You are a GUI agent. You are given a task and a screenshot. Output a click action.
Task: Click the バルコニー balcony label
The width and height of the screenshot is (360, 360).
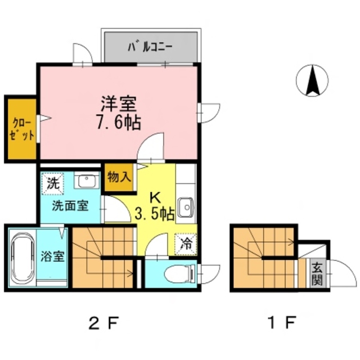149,47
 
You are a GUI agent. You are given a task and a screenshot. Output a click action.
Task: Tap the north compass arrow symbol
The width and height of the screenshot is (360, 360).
313,80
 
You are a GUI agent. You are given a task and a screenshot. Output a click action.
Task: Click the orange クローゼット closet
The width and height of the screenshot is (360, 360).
21,129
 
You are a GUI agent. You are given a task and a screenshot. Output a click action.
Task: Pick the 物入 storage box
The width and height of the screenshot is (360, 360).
119,177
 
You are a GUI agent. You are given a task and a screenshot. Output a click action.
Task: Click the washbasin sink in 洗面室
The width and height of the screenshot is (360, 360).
87,181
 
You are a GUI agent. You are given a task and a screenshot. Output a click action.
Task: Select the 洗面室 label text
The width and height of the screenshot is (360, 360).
70,205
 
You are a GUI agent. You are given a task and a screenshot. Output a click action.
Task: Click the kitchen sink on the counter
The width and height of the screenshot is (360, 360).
185,208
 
